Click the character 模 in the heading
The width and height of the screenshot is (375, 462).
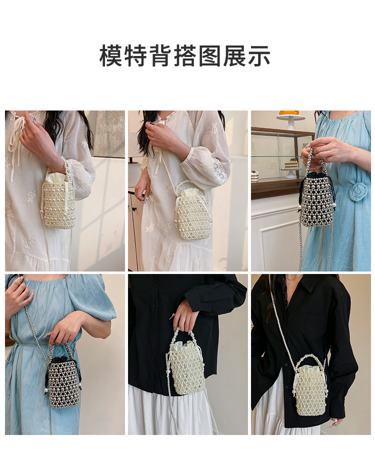click(110, 55)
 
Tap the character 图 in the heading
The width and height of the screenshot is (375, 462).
click(209, 55)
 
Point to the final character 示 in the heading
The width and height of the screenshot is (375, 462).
click(259, 55)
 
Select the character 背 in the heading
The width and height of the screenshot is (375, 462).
click(160, 55)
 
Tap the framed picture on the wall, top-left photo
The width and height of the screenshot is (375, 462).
click(110, 134)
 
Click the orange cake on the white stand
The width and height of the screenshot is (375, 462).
click(289, 113)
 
